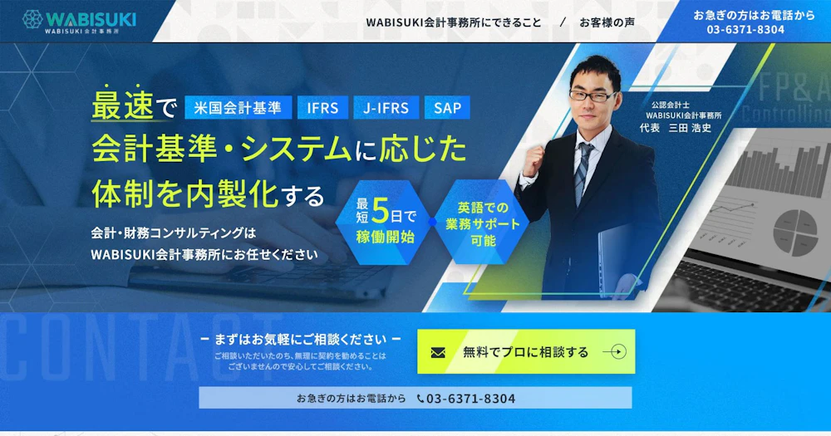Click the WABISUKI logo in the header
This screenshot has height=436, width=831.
point(79,22)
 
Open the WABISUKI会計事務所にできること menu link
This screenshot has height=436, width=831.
point(454,22)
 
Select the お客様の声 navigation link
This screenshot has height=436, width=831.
point(607,22)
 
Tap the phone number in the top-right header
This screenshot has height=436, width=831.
point(745,30)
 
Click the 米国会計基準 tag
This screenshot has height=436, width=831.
point(238,107)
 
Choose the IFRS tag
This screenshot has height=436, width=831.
point(322,107)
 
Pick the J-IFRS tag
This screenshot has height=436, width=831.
point(386,107)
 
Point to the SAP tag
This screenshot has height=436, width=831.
point(447,107)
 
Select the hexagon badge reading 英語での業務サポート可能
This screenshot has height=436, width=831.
point(483,222)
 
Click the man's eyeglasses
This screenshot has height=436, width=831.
point(592,96)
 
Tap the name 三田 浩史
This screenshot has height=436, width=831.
point(690,128)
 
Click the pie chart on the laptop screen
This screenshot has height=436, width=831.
point(794,232)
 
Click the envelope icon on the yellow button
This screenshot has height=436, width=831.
point(438,352)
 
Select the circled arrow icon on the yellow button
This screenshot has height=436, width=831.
point(615,352)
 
